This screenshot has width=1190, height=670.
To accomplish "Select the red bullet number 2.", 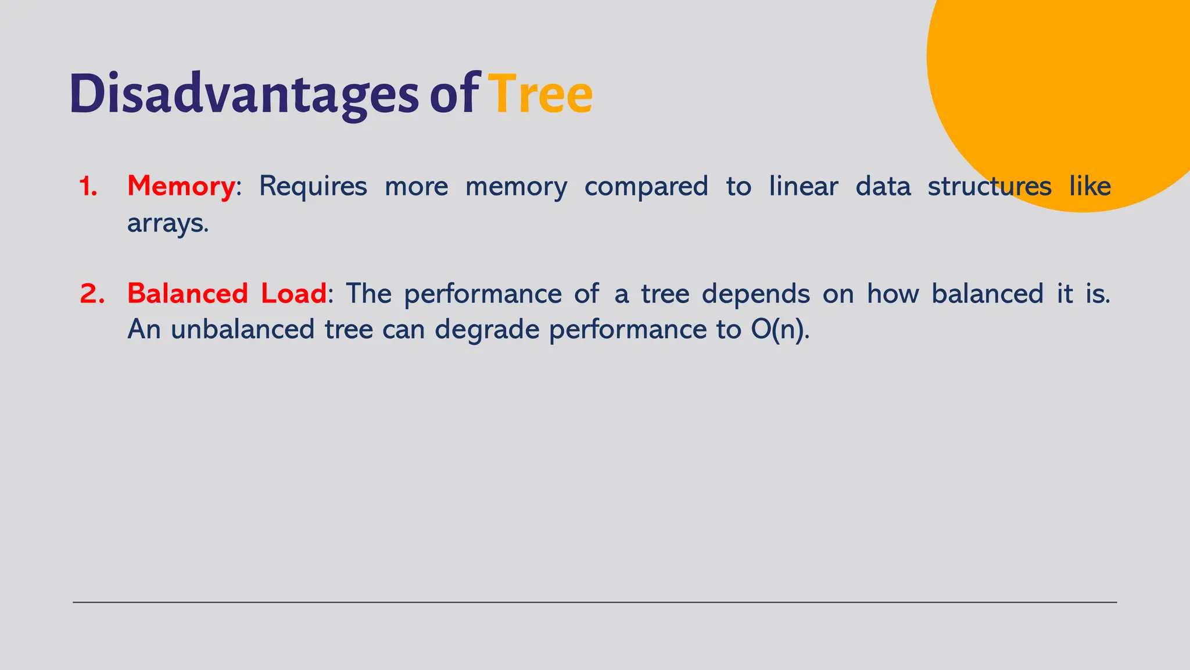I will coord(92,294).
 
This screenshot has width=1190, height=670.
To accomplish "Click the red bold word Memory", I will coord(181,187).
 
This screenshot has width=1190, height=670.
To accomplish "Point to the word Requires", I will coord(313,187).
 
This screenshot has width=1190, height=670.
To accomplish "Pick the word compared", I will coord(646,187).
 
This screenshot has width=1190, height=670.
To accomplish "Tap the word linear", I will coord(803,187).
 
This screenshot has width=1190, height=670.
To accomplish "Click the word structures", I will coord(989,187).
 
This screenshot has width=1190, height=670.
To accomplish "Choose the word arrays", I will coord(167,223).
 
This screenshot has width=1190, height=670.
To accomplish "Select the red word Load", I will coord(293,294).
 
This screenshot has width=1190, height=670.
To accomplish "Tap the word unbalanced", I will coord(242,330).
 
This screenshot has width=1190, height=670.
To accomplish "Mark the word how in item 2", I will coord(892,294).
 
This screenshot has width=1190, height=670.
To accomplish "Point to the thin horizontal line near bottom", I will coord(595,603).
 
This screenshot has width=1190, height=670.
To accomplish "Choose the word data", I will coord(883,187).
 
